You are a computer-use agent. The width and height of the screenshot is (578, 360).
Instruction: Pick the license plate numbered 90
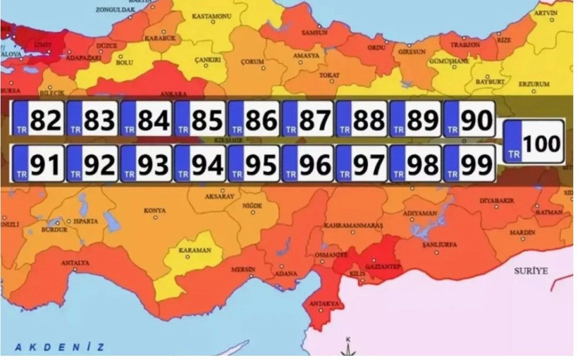tap(469, 120)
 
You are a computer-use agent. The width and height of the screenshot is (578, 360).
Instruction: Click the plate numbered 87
tap(307, 120)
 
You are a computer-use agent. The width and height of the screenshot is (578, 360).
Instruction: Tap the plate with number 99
tap(469, 164)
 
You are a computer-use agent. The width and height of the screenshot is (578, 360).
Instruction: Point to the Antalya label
tap(75, 263)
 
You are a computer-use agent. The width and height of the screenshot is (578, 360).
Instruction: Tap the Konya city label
tap(154, 211)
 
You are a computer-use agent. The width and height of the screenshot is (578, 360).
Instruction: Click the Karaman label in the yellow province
tap(195, 250)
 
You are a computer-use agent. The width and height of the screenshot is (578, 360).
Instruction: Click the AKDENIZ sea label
tap(60, 347)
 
